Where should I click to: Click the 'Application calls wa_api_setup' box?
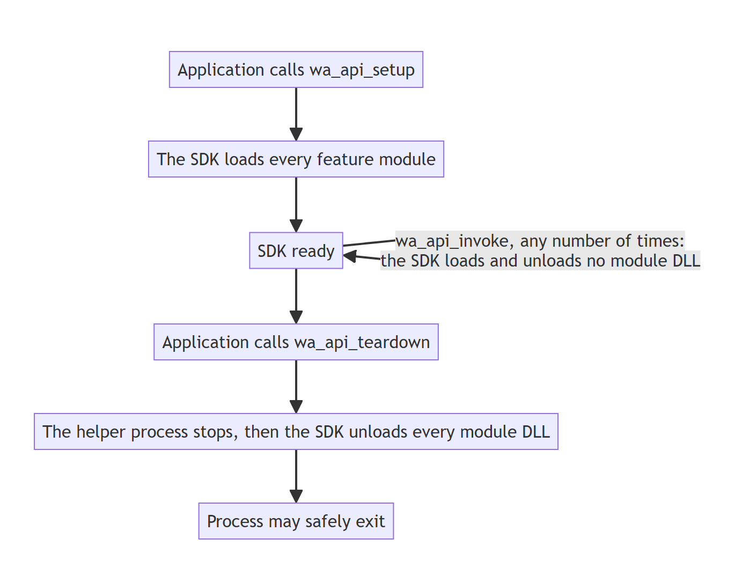296,70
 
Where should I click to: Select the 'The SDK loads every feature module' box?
296,159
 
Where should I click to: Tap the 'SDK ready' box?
296,250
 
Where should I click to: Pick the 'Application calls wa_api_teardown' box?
296,342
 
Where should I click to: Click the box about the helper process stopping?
296,431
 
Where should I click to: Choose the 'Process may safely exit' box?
296,521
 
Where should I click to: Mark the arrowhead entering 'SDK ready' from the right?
350,256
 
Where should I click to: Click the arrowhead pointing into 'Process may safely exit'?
296,497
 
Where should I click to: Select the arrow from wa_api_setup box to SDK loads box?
296,114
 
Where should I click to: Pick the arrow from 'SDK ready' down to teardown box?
296,296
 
